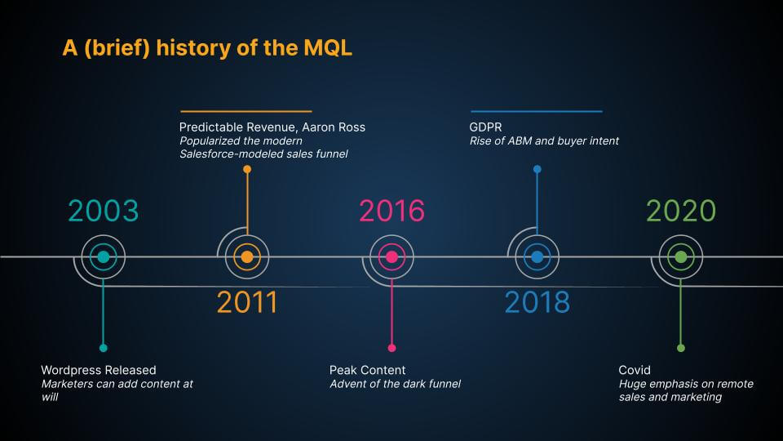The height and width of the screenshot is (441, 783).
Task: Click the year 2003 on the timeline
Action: tap(103, 211)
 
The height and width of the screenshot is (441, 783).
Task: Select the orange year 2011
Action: tap(247, 302)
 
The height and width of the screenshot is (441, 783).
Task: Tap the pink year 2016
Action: tap(391, 211)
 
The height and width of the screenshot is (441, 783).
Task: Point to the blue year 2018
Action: tap(537, 302)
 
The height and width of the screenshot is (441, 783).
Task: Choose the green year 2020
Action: tap(681, 211)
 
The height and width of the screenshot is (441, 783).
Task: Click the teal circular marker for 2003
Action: tap(103, 256)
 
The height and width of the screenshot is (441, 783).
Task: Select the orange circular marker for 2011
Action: tap(247, 256)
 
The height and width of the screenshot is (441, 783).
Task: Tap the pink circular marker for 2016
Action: tap(391, 256)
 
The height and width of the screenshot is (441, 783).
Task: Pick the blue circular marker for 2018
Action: tap(537, 256)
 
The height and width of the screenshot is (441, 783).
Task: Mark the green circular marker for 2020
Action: tap(681, 256)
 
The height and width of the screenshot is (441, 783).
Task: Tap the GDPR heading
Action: tap(486, 127)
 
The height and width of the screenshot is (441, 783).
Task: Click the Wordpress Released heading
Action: tap(98, 370)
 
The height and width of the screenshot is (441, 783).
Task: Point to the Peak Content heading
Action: tap(367, 370)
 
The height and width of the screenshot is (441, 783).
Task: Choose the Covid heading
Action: tap(635, 370)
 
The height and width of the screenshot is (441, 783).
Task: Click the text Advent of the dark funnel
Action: tap(395, 384)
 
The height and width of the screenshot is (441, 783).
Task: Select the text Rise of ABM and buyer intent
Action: tap(544, 140)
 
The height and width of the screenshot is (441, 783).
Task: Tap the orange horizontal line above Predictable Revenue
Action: tap(246, 110)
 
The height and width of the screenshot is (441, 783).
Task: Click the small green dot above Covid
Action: tap(681, 348)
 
